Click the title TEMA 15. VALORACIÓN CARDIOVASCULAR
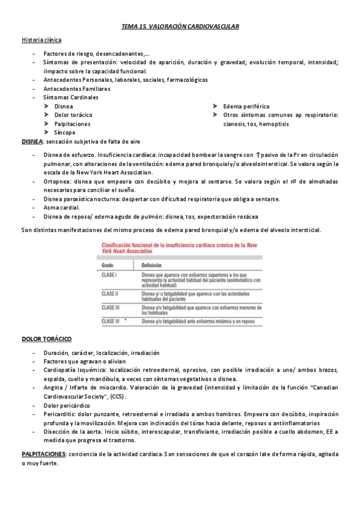[180, 27]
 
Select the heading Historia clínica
[41, 40]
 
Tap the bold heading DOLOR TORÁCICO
[46, 339]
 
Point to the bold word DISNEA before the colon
[32, 141]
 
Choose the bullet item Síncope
[64, 132]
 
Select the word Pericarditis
[60, 414]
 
